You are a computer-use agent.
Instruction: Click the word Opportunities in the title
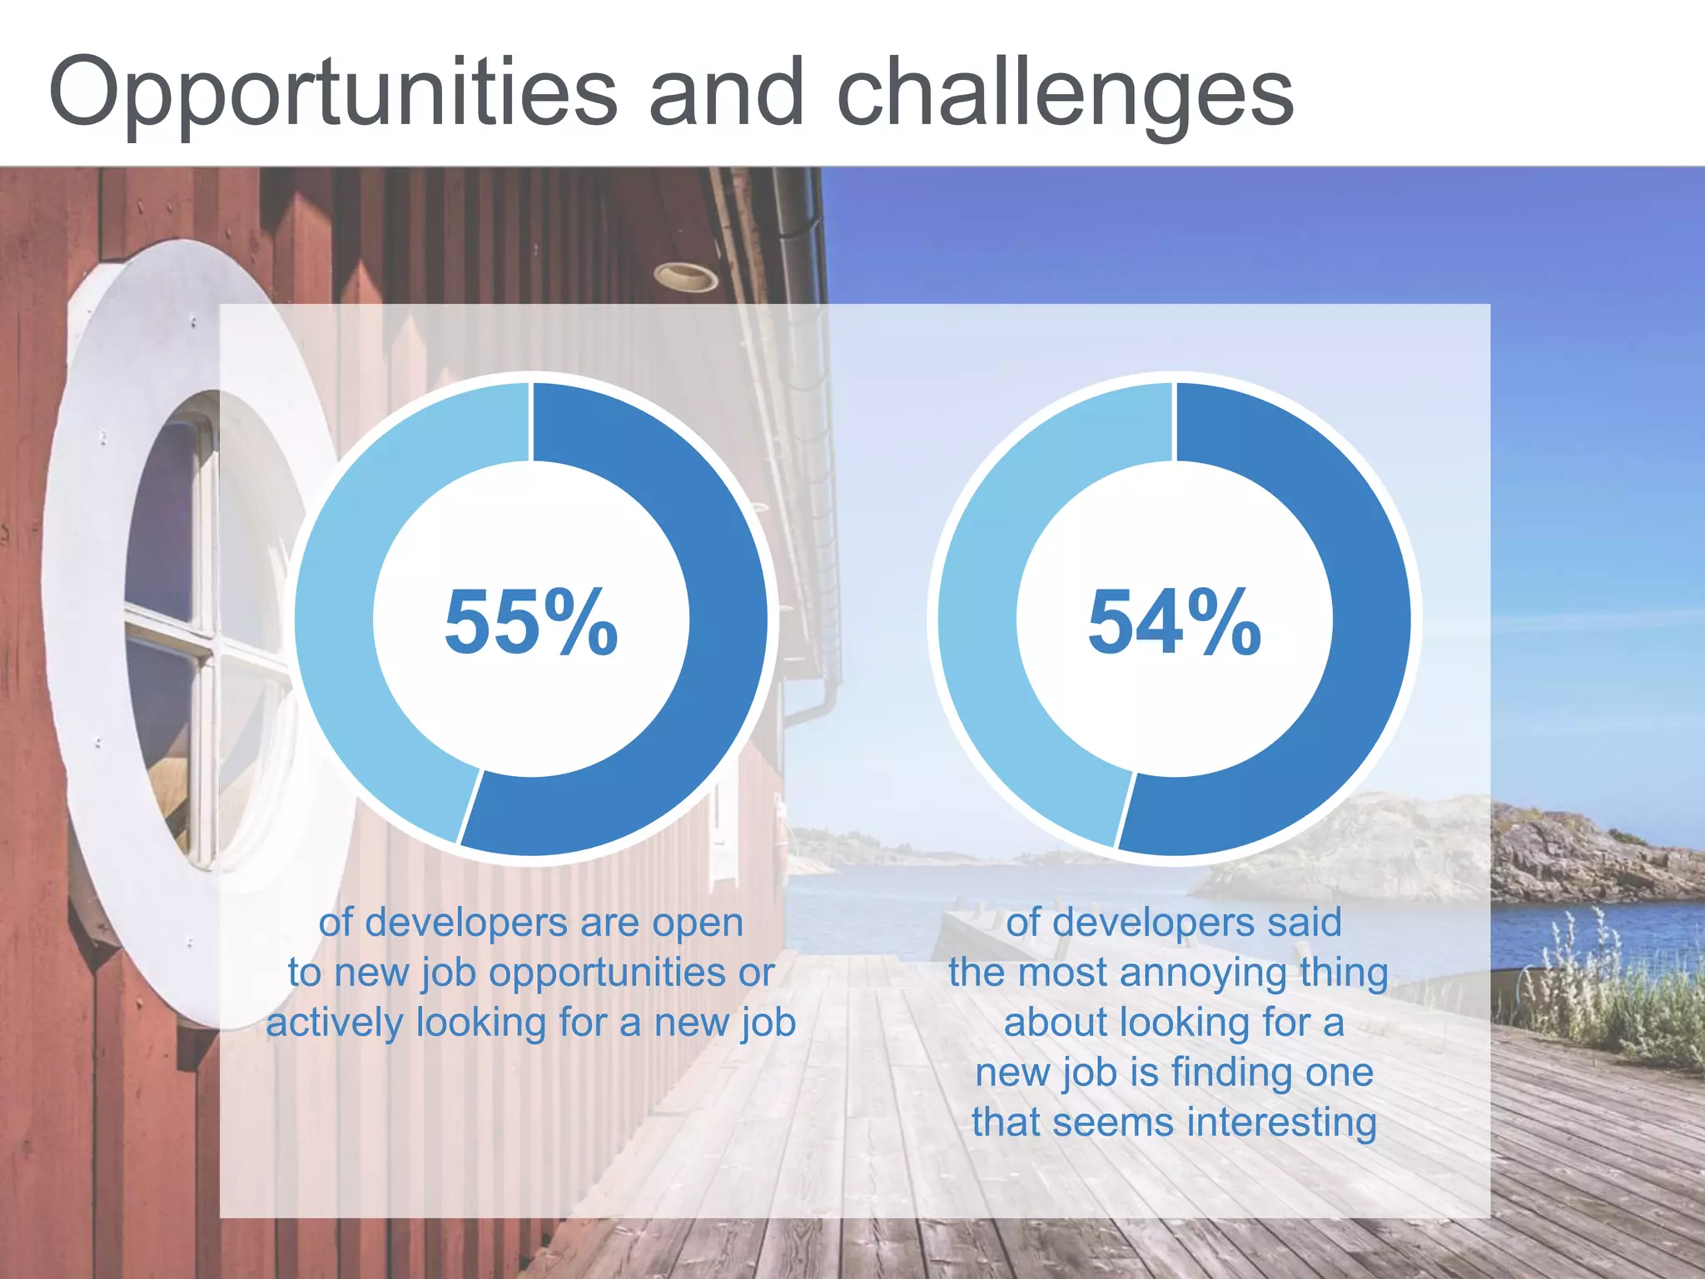pos(333,93)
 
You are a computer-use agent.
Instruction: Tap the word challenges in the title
pos(1065,93)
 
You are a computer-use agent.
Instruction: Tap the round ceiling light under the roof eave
pos(684,276)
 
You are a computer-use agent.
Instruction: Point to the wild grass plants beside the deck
pos(1607,991)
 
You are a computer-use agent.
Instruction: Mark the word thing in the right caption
pos(1340,973)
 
